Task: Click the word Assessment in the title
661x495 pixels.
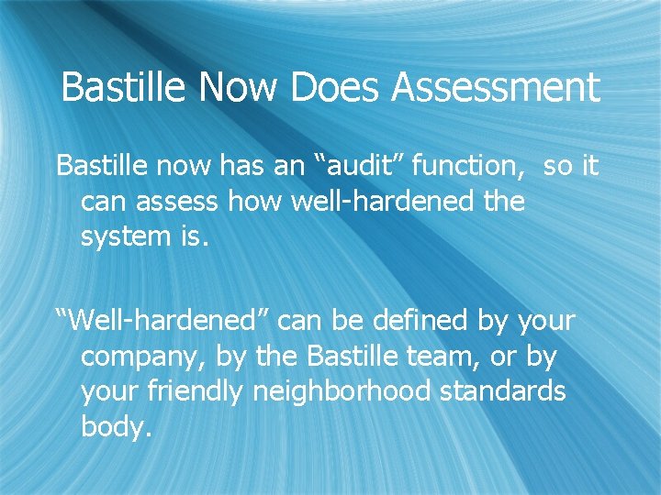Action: [x=496, y=88]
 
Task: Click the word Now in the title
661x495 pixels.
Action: [x=240, y=88]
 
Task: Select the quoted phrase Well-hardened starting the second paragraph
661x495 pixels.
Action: [x=162, y=322]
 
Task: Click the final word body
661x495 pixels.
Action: [x=115, y=426]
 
